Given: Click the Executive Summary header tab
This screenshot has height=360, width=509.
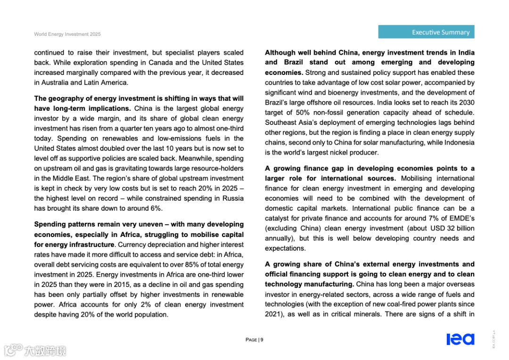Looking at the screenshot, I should [426, 32].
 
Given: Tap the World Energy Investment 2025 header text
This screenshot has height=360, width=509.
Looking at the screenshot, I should [67, 34].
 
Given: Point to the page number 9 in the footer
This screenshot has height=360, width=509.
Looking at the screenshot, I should [262, 340].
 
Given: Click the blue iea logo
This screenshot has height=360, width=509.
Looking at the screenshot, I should [460, 339].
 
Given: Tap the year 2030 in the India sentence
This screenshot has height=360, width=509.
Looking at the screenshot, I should [467, 103].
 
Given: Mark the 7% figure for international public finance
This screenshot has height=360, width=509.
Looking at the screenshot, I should [424, 219].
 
